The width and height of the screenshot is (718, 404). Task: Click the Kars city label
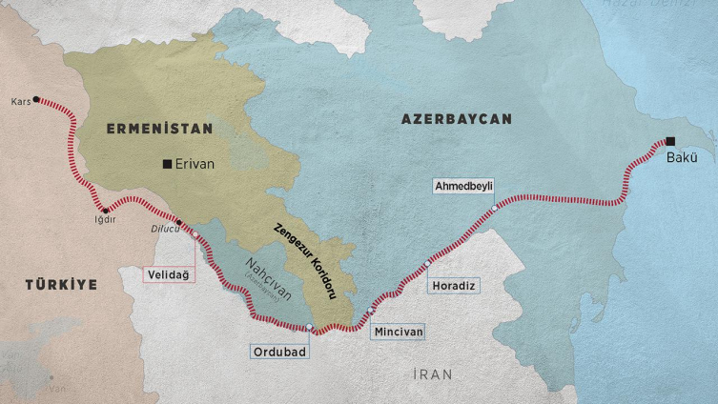pos(20,100)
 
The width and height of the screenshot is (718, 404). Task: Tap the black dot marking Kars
pos(36,99)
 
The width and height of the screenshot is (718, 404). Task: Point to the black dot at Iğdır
pos(105,210)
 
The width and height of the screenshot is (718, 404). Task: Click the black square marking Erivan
pos(168,164)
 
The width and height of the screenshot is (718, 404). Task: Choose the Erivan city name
pos(195,164)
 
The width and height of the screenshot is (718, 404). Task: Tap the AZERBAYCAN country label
pos(456,119)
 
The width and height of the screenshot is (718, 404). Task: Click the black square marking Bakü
pos(670,141)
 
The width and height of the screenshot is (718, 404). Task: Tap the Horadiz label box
pos(453,285)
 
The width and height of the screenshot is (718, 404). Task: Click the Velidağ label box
pos(168,274)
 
